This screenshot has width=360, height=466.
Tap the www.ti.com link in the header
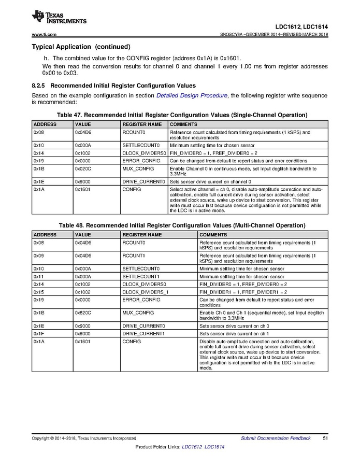click(x=44, y=35)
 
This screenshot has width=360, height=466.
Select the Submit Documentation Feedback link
click(x=276, y=439)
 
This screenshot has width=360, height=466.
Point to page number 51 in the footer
click(x=325, y=439)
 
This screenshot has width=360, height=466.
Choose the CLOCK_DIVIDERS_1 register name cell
click(x=145, y=292)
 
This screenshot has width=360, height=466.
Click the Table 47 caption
click(x=180, y=115)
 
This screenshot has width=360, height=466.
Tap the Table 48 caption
click(x=180, y=225)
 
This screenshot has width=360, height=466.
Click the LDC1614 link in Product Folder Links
click(x=214, y=447)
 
